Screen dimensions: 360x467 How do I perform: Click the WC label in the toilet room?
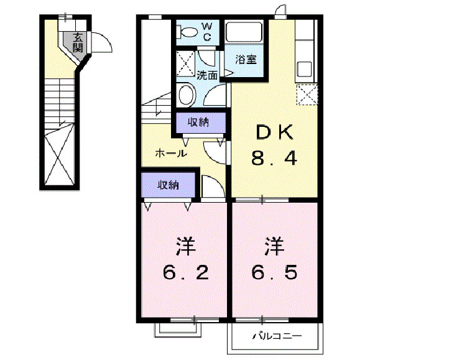pyautogui.click(x=207, y=32)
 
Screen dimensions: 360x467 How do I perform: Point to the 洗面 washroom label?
pyautogui.click(x=207, y=76)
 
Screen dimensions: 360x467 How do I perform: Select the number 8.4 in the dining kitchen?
pyautogui.click(x=274, y=159)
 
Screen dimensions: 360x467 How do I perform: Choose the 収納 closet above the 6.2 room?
pyautogui.click(x=168, y=185)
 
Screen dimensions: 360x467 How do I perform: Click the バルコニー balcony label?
pyautogui.click(x=277, y=336)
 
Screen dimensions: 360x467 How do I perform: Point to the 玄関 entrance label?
pyautogui.click(x=78, y=42)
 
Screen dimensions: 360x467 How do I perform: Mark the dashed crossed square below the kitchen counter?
pyautogui.click(x=307, y=95)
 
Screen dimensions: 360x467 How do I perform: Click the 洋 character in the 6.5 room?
pyautogui.click(x=274, y=246)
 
